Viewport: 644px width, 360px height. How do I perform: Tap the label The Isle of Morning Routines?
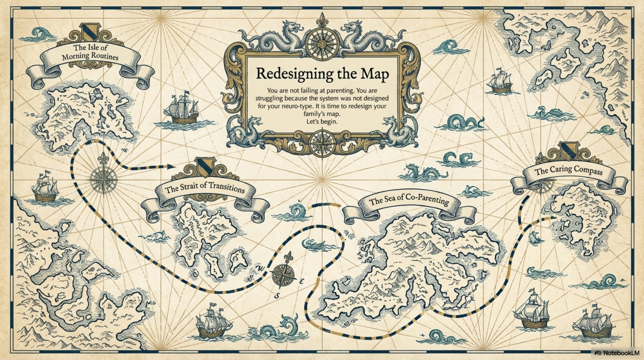[x=90, y=53]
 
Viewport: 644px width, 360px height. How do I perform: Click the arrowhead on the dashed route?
[x=171, y=166]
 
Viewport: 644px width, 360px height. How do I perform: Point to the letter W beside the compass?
[x=260, y=268]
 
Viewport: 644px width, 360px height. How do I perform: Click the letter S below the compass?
[x=277, y=295]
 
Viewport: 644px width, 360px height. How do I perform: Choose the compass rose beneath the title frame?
[x=322, y=143]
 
